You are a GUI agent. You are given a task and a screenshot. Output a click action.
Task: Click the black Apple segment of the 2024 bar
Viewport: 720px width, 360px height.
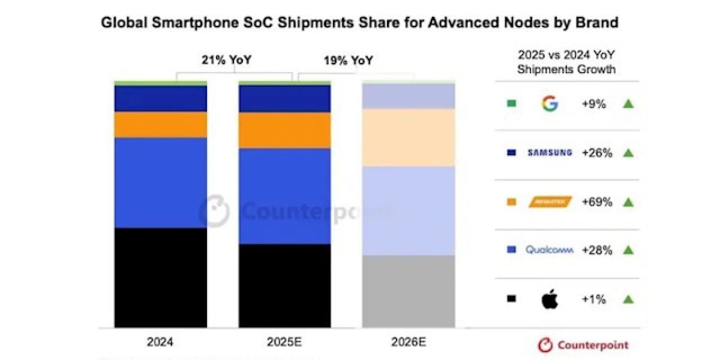[x=160, y=277]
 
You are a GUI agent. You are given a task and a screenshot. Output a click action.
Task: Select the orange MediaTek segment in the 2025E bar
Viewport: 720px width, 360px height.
[x=284, y=130]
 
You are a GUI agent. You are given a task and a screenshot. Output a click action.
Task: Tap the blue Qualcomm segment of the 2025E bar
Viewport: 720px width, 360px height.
[x=284, y=196]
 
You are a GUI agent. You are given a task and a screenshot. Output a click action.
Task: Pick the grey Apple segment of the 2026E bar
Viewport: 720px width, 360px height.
[x=409, y=291]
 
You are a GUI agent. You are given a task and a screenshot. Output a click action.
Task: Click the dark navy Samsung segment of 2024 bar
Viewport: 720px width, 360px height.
[x=160, y=98]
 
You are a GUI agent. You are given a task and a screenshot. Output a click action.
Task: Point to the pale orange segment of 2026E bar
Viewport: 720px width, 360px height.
[x=409, y=137]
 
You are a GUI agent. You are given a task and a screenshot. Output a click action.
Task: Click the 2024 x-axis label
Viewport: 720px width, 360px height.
[x=160, y=343]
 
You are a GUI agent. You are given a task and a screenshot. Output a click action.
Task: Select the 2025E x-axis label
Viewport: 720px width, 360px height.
[x=284, y=343]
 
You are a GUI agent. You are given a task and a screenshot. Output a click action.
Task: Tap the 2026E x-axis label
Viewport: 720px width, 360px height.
[x=409, y=343]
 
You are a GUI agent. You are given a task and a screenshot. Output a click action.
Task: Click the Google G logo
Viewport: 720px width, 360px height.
[x=550, y=104]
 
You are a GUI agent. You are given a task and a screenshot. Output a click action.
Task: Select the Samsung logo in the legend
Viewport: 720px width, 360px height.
[x=550, y=153]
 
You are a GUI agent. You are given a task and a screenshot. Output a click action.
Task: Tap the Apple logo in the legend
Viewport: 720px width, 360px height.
[x=550, y=299]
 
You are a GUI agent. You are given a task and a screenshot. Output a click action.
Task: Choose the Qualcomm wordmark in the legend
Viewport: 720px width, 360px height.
[x=550, y=250]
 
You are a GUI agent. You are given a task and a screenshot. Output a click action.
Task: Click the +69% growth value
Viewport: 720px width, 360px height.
[x=596, y=202]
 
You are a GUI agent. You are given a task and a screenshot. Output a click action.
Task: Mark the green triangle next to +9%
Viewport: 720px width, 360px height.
[x=628, y=104]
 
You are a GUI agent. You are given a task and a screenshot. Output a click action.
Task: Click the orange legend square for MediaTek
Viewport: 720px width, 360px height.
[x=511, y=202]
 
